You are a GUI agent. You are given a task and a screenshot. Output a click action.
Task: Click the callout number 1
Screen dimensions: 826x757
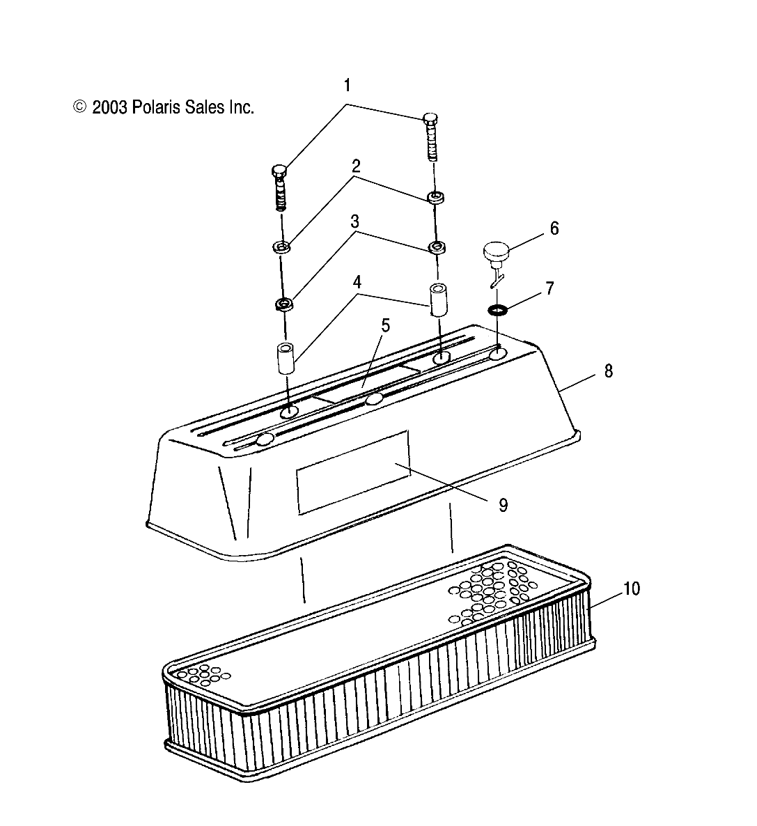(348, 86)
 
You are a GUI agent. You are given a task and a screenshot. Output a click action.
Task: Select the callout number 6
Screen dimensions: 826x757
(554, 228)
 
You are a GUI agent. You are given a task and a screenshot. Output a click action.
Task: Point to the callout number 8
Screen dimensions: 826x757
(608, 371)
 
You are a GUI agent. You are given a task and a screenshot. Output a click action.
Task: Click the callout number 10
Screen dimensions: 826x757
(631, 589)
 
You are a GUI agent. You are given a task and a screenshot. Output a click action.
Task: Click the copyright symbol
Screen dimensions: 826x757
(80, 107)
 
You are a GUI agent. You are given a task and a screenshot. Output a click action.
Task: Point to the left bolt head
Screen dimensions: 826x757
(279, 171)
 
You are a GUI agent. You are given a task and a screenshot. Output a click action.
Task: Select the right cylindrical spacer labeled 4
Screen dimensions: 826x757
(439, 299)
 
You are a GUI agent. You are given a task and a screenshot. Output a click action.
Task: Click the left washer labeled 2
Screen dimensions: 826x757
(282, 247)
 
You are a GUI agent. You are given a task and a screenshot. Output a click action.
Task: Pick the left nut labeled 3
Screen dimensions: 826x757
(283, 304)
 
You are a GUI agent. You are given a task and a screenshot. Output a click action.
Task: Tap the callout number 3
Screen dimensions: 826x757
(354, 221)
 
